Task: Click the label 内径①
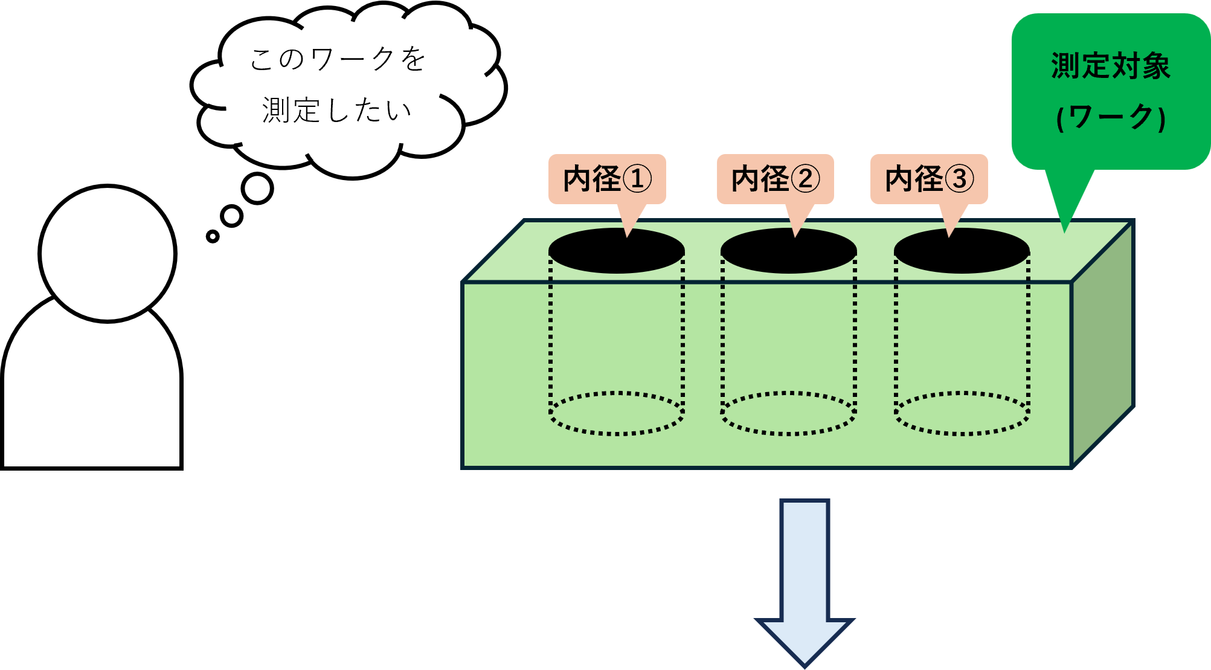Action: click(606, 179)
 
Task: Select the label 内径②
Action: click(775, 179)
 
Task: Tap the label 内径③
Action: click(928, 179)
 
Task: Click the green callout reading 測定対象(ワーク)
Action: click(1110, 91)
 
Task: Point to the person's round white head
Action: click(108, 254)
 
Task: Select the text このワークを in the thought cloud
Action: click(338, 59)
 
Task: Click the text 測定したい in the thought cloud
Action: click(337, 111)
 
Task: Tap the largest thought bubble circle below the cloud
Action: click(257, 188)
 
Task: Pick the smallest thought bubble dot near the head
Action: click(213, 236)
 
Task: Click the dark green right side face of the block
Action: click(1102, 344)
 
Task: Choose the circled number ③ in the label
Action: click(959, 179)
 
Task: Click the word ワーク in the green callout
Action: click(1111, 117)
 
